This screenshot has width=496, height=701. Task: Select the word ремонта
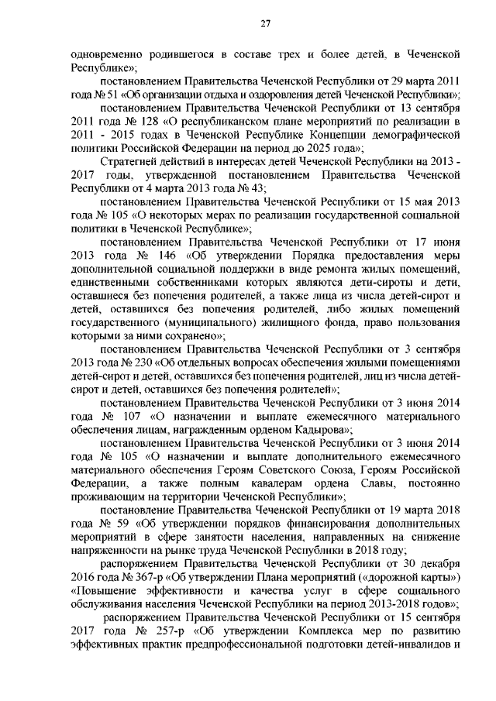(x=291, y=269)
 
